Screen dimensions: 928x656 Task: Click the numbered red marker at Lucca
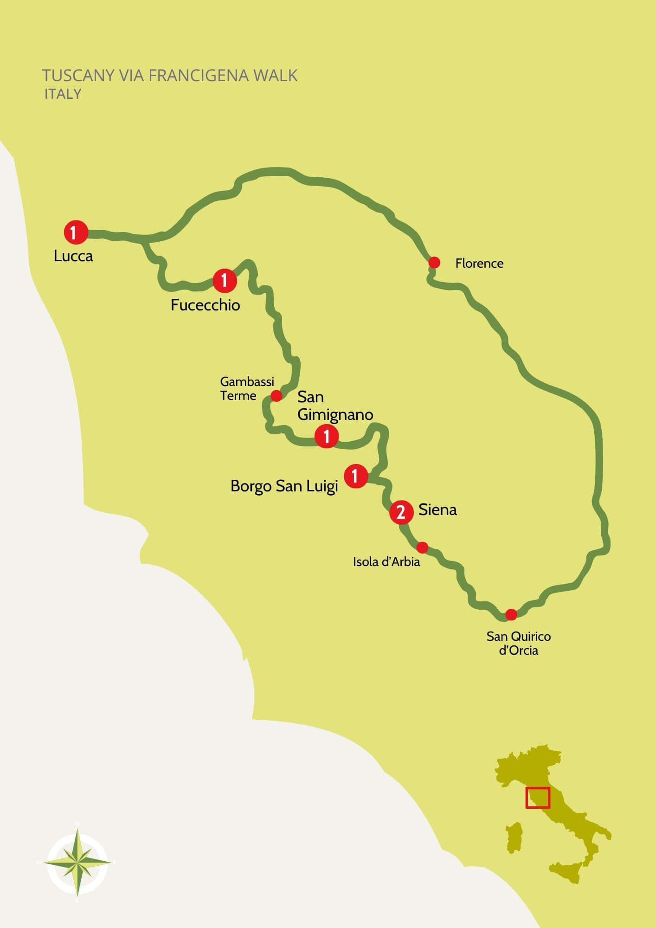pyautogui.click(x=76, y=232)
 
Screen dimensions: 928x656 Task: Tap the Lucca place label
pyautogui.click(x=73, y=256)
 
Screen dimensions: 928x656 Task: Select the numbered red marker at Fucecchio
pyautogui.click(x=225, y=281)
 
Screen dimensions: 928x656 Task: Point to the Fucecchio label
pyautogui.click(x=205, y=305)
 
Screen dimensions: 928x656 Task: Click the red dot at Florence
pyautogui.click(x=434, y=263)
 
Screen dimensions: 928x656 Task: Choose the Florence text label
pyautogui.click(x=479, y=264)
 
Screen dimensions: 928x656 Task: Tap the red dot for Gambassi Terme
pyautogui.click(x=276, y=396)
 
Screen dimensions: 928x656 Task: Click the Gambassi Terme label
pyautogui.click(x=247, y=389)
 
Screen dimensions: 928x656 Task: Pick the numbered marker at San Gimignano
pyautogui.click(x=327, y=437)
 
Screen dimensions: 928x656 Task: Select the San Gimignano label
pyautogui.click(x=335, y=406)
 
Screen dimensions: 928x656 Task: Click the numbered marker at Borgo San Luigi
pyautogui.click(x=356, y=476)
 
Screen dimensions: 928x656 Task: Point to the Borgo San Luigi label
pyautogui.click(x=284, y=486)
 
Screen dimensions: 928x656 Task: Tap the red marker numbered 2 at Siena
pyautogui.click(x=401, y=512)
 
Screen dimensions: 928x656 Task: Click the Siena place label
pyautogui.click(x=437, y=510)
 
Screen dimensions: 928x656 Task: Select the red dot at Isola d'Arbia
pyautogui.click(x=422, y=548)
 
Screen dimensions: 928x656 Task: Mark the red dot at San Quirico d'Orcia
pyautogui.click(x=511, y=615)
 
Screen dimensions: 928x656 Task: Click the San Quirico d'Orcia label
pyautogui.click(x=519, y=643)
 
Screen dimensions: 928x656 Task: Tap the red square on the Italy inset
pyautogui.click(x=538, y=798)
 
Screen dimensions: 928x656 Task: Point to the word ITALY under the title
pyautogui.click(x=63, y=94)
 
